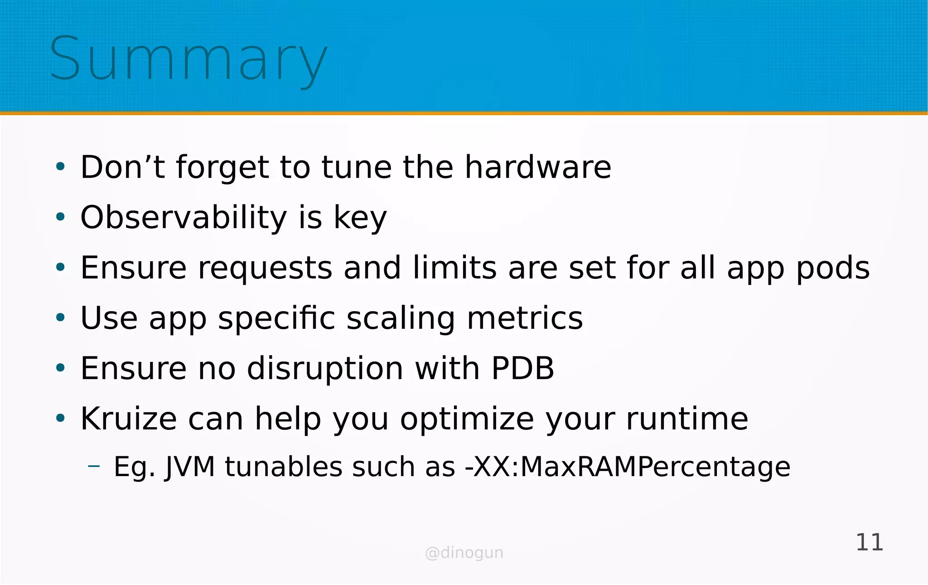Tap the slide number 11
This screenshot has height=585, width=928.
click(869, 542)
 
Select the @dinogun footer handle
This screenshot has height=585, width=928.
click(464, 553)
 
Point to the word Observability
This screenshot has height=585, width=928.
click(184, 217)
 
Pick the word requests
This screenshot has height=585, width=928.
click(265, 268)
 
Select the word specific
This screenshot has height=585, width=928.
click(276, 318)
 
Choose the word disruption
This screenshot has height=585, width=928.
click(325, 369)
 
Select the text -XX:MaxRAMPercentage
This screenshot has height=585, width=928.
click(628, 467)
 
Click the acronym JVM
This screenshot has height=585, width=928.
click(190, 467)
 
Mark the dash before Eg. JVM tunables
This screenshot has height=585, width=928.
click(94, 466)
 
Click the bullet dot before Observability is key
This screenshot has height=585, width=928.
click(60, 217)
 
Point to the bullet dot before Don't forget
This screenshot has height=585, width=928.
click(60, 167)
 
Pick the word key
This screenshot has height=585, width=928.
click(360, 218)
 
